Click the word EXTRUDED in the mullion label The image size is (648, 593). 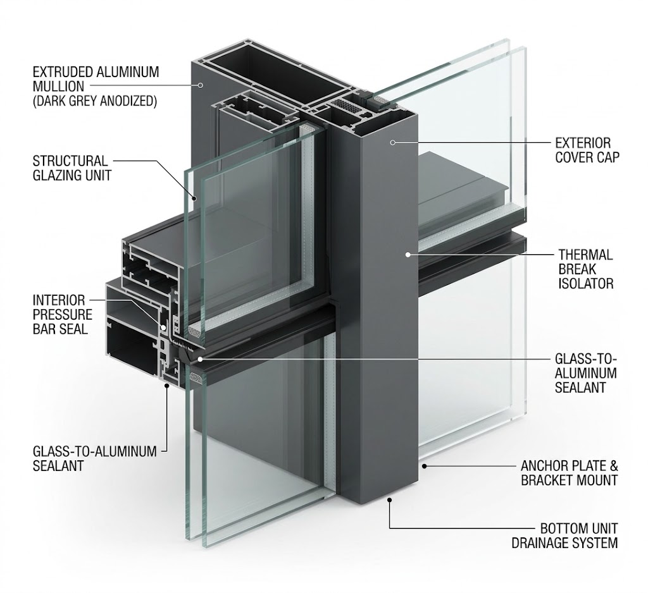pos(63,72)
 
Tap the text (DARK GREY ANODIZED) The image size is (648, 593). pos(95,101)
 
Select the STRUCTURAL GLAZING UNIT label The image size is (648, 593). pos(72,168)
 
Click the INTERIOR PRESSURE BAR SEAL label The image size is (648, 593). pos(63,314)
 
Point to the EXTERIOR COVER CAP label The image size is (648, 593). pos(587,150)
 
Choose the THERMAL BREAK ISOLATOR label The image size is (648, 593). pos(585,269)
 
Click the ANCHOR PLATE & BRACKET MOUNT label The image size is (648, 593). pos(570,474)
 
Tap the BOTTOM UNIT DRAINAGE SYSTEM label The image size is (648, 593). pos(564,535)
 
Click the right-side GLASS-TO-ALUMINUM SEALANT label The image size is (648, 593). pos(585,373)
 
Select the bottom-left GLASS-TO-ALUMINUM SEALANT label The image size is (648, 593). pos(95,458)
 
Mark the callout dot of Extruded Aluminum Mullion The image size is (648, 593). pos(200,85)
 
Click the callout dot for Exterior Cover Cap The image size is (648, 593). pos(392,142)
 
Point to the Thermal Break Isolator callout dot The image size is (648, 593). pos(408,255)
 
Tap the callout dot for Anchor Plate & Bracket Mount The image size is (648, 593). pos(424,466)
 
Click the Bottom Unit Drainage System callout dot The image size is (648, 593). pos(389,499)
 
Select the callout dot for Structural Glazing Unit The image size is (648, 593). pos(194,198)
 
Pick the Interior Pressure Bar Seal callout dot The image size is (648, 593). pos(164,328)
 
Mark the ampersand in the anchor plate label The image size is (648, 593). pos(613,466)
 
